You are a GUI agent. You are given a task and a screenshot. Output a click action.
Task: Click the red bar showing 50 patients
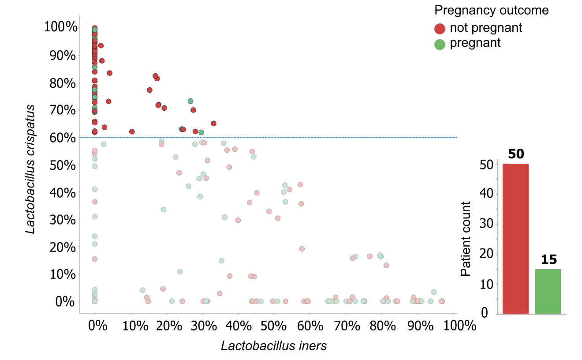515,238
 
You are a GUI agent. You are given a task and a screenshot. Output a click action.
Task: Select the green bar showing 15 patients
548,291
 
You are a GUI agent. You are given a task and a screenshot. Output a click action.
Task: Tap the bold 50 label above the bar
515,154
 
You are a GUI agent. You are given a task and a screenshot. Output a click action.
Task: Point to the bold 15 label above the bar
548,260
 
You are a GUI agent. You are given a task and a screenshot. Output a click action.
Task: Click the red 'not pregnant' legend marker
440,29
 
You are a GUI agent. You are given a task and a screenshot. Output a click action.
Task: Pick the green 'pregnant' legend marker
440,44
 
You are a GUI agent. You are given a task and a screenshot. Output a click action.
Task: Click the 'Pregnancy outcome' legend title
491,10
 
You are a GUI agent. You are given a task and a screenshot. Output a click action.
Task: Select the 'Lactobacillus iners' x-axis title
274,345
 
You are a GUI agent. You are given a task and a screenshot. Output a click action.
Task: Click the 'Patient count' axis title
466,239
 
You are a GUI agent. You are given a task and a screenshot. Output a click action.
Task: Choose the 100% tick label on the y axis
61,27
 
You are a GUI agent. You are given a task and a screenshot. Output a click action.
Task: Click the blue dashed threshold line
309,137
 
